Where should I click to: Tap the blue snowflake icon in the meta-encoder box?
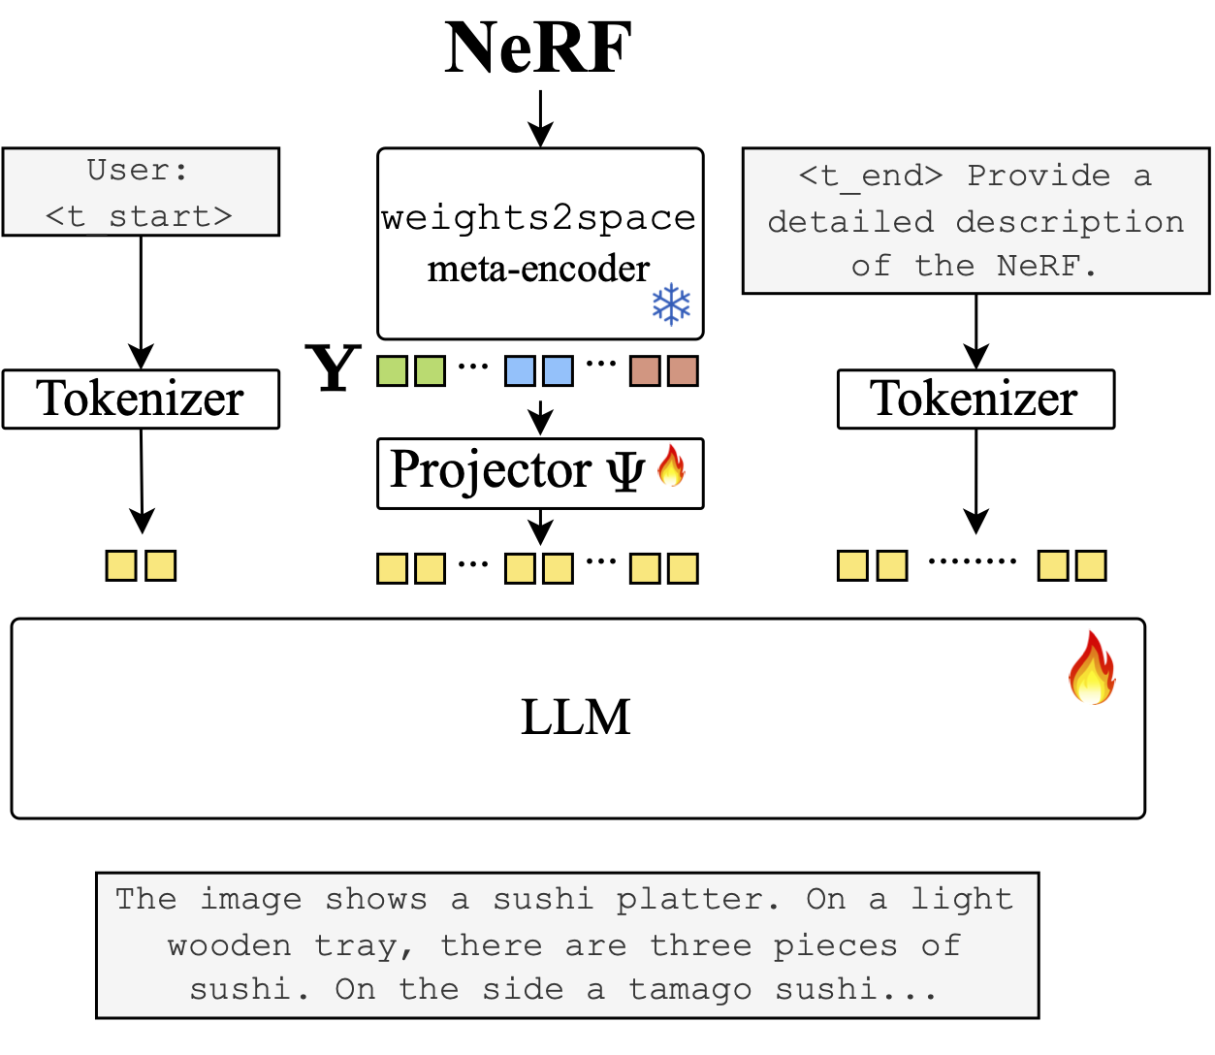pyautogui.click(x=671, y=304)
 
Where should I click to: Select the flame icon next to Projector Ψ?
pyautogui.click(x=671, y=466)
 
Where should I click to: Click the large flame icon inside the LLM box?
pyautogui.click(x=1092, y=668)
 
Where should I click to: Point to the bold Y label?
pyautogui.click(x=334, y=369)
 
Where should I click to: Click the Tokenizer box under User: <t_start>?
pyautogui.click(x=141, y=399)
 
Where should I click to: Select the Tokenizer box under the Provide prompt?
pyautogui.click(x=975, y=399)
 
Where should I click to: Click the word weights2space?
pyautogui.click(x=538, y=218)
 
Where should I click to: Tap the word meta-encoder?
pyautogui.click(x=538, y=269)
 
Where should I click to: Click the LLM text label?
pyautogui.click(x=576, y=718)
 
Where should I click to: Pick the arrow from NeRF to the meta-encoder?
pyautogui.click(x=540, y=118)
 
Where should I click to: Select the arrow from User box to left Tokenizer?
pyautogui.click(x=142, y=302)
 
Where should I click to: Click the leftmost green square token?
pyautogui.click(x=392, y=370)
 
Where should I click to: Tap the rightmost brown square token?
pyautogui.click(x=683, y=370)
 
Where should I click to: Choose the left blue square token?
pyautogui.click(x=520, y=370)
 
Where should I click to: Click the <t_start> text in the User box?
pyautogui.click(x=140, y=215)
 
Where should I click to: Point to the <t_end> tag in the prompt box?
pyautogui.click(x=870, y=176)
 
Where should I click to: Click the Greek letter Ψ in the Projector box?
pyautogui.click(x=625, y=471)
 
